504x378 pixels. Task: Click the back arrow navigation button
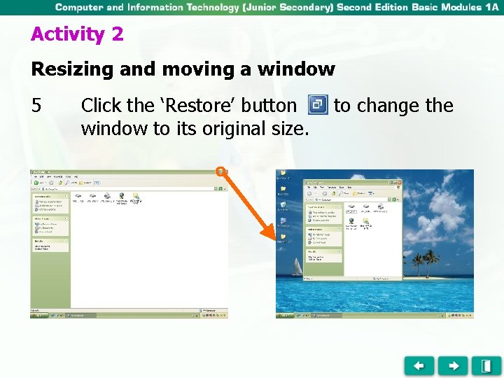pos(419,365)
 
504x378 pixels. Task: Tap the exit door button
pos(486,365)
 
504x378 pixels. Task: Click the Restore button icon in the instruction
pos(318,105)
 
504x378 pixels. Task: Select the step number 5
pos(37,106)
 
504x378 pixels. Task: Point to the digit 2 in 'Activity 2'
pos(117,34)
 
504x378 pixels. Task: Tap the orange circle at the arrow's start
pos(220,171)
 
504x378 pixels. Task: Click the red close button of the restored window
pos(399,182)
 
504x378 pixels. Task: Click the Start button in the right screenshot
pos(283,316)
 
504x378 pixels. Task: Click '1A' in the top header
pos(492,7)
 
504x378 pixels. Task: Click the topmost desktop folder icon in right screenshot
pos(282,173)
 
